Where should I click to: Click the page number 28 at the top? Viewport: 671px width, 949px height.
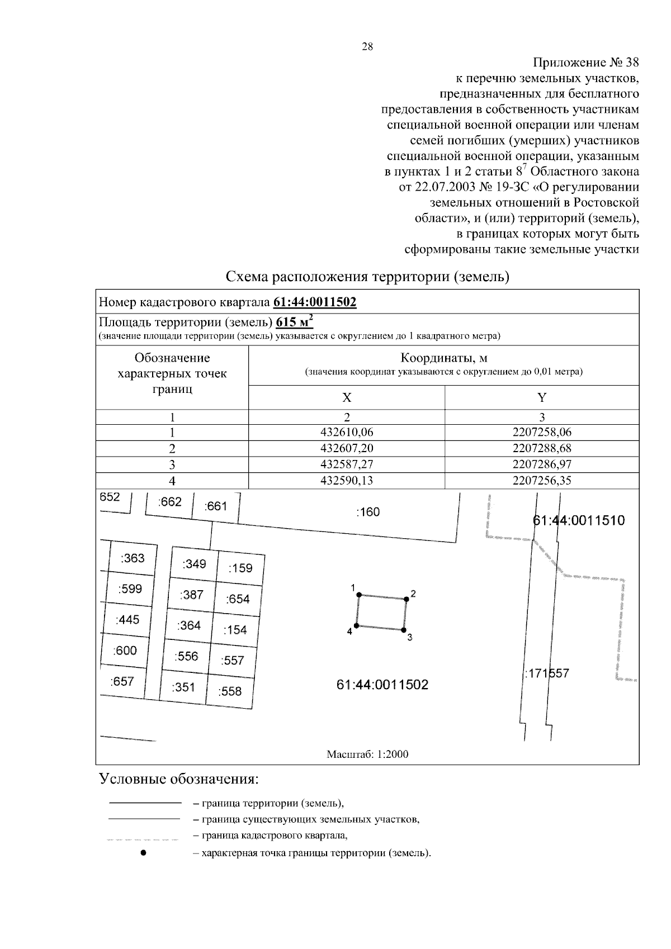point(367,47)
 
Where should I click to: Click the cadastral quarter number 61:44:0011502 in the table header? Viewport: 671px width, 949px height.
point(315,302)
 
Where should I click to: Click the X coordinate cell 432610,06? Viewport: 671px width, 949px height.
point(347,432)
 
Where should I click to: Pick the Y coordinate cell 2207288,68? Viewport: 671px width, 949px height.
point(541,448)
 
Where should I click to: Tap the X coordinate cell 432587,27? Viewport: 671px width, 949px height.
point(347,464)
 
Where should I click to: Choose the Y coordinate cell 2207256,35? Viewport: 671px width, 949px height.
point(541,480)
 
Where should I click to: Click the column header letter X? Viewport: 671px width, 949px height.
point(347,397)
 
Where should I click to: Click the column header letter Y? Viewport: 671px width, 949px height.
point(541,397)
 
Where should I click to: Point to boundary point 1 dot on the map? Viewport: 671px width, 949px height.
point(360,595)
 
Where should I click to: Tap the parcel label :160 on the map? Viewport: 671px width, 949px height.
point(367,511)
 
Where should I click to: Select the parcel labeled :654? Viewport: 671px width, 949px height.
point(238,599)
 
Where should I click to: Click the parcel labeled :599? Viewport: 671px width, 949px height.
point(130,589)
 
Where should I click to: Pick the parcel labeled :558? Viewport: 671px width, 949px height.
point(230,691)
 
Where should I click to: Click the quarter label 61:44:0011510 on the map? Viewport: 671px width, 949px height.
point(579,521)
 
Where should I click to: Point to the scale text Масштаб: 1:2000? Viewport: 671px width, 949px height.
point(367,755)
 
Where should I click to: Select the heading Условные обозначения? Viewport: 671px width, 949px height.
point(179,779)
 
